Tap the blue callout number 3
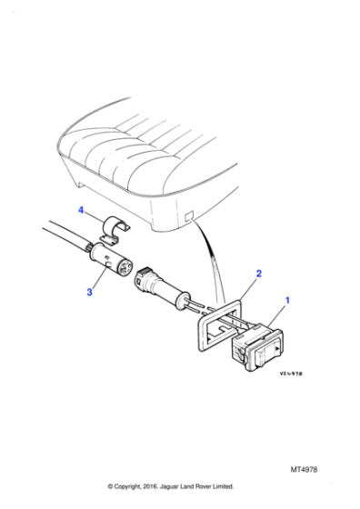coord(90,292)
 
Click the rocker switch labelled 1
coord(260,347)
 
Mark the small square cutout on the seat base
coord(189,218)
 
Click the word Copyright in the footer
coord(131,486)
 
